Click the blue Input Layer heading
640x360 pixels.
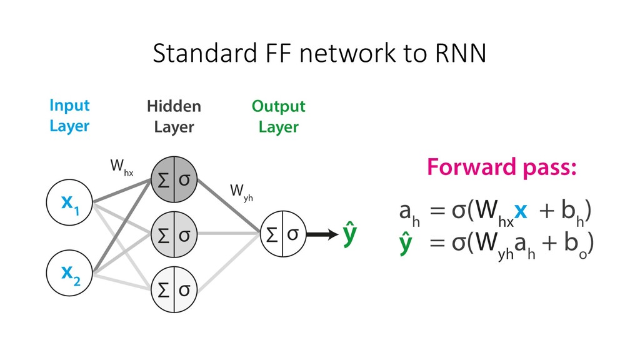pyautogui.click(x=69, y=116)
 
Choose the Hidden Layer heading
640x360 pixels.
pyautogui.click(x=174, y=117)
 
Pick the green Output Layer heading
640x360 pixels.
pyautogui.click(x=278, y=117)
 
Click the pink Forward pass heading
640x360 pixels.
pyautogui.click(x=501, y=168)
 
